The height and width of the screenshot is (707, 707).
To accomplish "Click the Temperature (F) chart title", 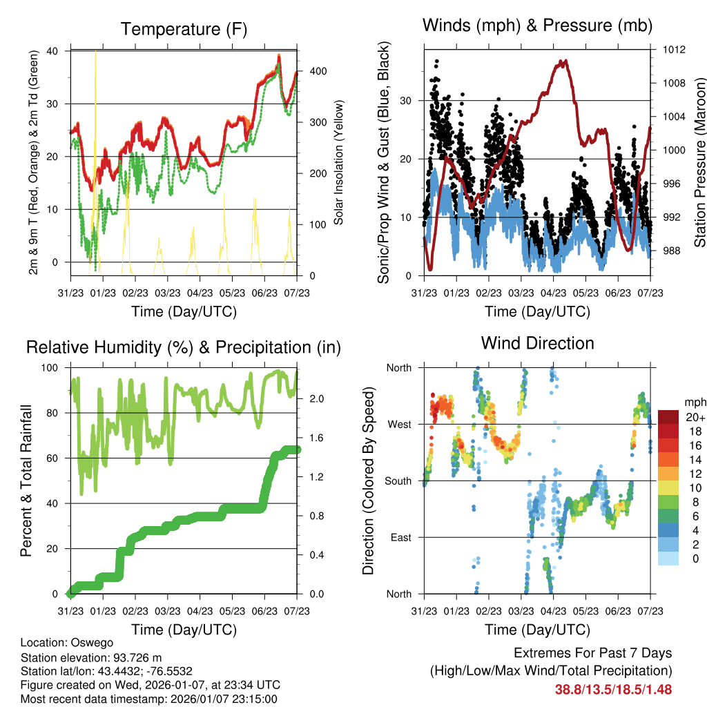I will [184, 29].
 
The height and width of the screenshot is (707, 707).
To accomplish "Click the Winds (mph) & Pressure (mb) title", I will [537, 26].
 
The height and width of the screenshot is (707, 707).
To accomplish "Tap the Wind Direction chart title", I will [537, 342].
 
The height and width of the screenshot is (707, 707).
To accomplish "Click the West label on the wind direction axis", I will [400, 424].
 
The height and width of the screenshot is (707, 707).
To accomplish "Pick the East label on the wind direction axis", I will [401, 537].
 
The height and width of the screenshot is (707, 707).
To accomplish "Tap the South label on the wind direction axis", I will [398, 481].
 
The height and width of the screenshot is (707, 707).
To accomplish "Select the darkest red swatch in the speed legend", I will [668, 416].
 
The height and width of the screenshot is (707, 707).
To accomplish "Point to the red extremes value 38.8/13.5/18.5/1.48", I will [613, 689].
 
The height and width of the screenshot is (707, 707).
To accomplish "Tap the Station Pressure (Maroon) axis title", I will [699, 163].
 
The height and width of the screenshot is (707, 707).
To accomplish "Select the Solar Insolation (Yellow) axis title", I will [339, 163].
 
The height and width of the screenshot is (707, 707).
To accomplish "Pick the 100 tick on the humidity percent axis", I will [55, 368].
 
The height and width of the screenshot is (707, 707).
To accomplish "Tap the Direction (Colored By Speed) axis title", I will [368, 481].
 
